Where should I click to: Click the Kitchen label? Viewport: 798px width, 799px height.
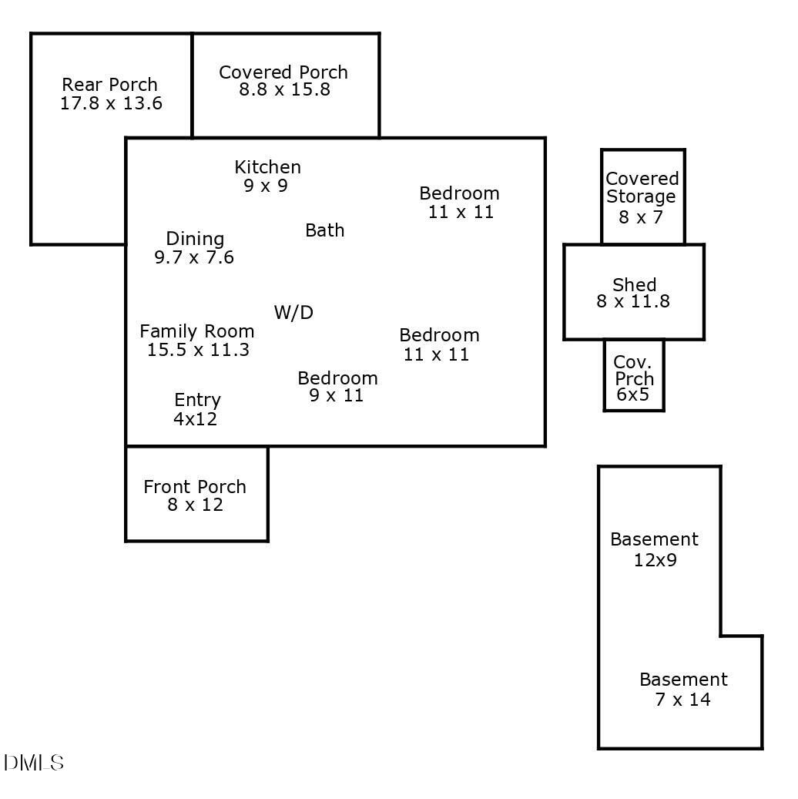(267, 167)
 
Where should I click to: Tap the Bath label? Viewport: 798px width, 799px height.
(324, 230)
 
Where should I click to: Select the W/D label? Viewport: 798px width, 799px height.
(293, 312)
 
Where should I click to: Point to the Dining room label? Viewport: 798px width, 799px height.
(195, 239)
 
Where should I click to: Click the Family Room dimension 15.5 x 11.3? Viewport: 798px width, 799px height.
(198, 350)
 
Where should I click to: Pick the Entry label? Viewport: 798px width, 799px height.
(197, 400)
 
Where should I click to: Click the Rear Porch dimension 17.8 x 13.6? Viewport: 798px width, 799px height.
(111, 103)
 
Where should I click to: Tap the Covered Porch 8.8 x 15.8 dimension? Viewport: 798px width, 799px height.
(284, 89)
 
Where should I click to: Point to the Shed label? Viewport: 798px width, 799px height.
(635, 284)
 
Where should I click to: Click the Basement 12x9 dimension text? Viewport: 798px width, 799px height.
(655, 560)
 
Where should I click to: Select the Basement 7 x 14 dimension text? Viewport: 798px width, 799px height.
(682, 699)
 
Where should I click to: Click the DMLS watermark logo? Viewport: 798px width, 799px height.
(34, 762)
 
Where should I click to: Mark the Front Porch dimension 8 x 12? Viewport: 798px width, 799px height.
(195, 505)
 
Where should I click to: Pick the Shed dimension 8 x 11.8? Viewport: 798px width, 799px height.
(633, 301)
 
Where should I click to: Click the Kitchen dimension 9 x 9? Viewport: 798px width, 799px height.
(266, 186)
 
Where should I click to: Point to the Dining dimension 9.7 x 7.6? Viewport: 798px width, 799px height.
(194, 257)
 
